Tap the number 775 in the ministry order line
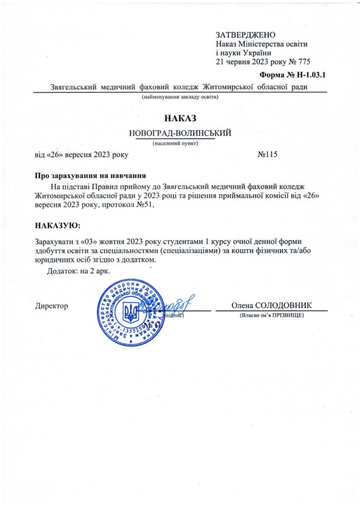click(x=300, y=62)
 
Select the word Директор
click(x=51, y=306)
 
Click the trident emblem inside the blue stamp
click(x=130, y=312)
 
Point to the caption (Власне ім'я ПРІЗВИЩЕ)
click(x=271, y=315)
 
